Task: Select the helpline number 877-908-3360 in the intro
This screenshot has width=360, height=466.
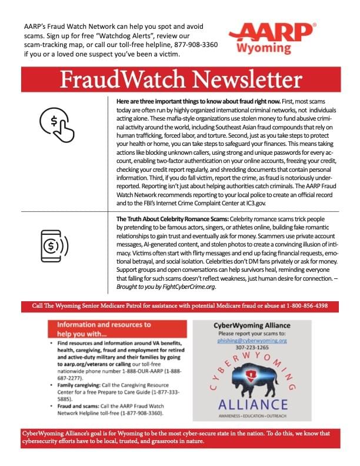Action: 192,44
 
